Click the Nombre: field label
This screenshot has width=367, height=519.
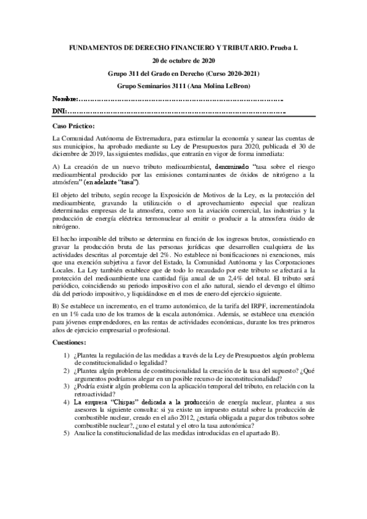(66, 99)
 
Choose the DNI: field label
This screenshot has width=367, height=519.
(60, 111)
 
